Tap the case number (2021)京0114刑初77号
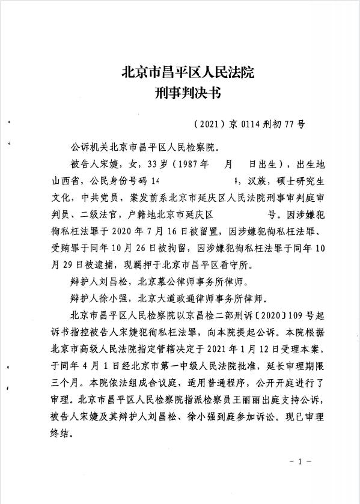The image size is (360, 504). pyautogui.click(x=250, y=125)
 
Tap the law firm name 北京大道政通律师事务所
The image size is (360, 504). pyautogui.click(x=190, y=297)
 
